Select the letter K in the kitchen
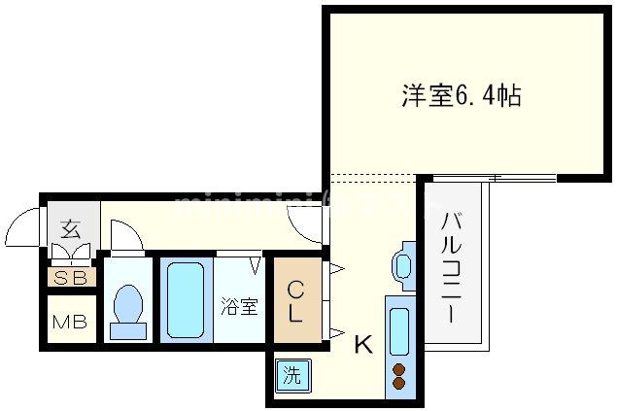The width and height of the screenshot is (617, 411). point(361,343)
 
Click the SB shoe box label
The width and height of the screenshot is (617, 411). point(68,277)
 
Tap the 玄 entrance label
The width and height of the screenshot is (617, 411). point(70,230)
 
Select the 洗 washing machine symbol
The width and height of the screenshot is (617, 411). point(290,374)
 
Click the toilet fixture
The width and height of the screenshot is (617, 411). point(127,305)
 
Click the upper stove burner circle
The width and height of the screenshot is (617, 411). point(398,368)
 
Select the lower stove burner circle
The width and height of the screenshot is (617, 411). point(398,385)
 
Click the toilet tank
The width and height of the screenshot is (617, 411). point(127,330)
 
